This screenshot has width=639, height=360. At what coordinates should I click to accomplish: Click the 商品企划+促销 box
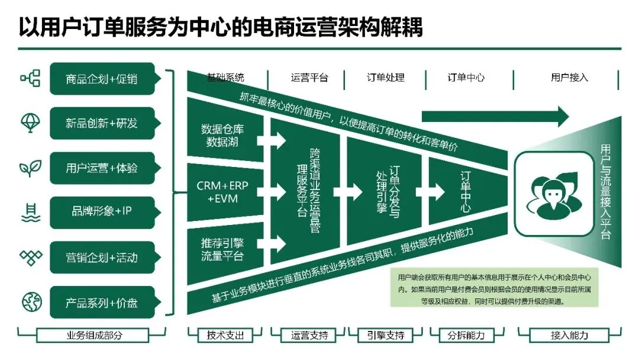[x=102, y=79]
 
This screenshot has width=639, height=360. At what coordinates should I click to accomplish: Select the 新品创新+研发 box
[x=102, y=123]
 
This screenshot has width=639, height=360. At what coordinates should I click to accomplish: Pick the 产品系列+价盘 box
[x=102, y=302]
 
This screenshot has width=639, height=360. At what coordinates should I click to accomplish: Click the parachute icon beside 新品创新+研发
[x=30, y=123]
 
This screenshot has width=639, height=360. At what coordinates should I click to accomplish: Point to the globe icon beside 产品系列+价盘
[x=30, y=302]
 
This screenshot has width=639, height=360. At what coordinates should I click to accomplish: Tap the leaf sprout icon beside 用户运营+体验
[x=30, y=168]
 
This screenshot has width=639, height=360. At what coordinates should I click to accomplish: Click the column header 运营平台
[x=309, y=78]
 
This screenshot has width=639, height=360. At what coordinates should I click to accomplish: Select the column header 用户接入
[x=569, y=78]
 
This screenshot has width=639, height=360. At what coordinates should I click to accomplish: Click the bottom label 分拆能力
[x=466, y=335]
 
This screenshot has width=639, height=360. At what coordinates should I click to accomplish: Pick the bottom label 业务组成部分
[x=94, y=335]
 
